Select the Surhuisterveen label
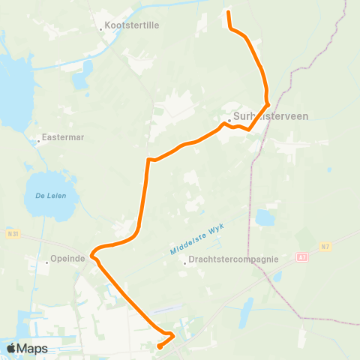(271, 116)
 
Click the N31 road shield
(10, 233)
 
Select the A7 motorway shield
(301, 256)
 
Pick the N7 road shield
(325, 245)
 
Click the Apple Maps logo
(26, 349)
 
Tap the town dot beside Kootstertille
(100, 30)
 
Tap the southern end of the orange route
(159, 346)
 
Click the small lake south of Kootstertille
(88, 70)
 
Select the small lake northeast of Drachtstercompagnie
(264, 218)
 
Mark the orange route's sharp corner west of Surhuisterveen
(149, 159)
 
